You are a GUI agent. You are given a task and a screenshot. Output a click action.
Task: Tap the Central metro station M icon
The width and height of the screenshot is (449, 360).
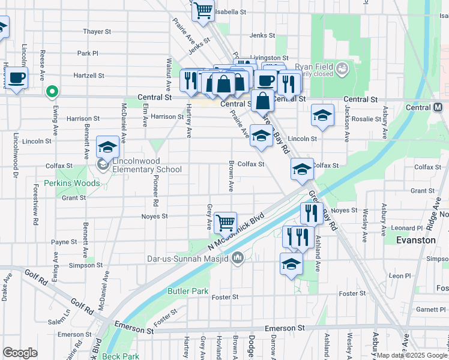439,107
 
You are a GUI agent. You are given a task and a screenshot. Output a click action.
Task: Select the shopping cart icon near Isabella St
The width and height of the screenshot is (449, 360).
203,10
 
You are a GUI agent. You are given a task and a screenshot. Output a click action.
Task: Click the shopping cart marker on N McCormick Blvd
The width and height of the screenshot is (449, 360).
225,223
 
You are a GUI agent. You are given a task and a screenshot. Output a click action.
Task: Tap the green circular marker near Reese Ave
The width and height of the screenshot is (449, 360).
52,92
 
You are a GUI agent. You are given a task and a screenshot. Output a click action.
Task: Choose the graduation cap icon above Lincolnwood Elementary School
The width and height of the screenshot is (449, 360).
107,146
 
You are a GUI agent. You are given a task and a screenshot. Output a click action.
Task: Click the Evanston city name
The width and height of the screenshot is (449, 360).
416,239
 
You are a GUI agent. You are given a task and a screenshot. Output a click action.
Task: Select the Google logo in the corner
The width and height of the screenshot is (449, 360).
20,353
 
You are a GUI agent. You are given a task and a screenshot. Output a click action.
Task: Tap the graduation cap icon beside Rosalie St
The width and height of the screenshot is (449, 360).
322,116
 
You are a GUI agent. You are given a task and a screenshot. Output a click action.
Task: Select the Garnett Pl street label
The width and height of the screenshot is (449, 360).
430,309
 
